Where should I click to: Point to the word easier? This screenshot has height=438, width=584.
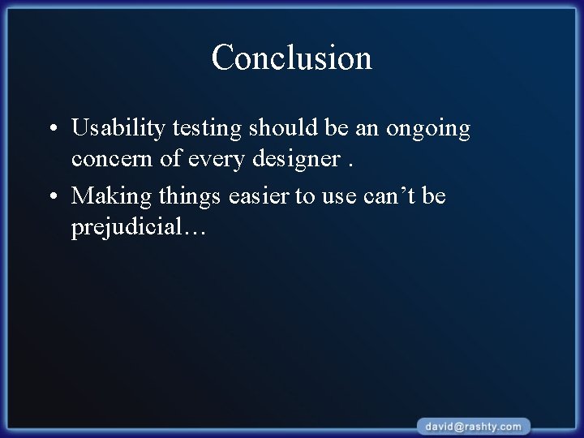point(263,196)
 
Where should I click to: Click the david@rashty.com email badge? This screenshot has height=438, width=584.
point(474,426)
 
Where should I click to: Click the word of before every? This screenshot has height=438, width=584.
point(171,160)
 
